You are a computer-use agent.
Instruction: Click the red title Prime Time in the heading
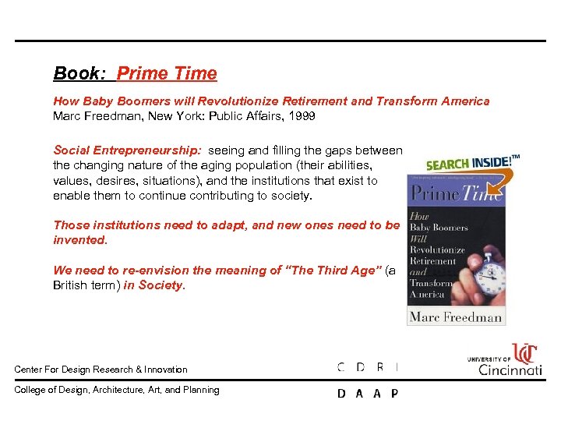pos(167,74)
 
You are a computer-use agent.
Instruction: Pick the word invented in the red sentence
pos(79,239)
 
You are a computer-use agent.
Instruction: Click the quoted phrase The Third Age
pos(335,271)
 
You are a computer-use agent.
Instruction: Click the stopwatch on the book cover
pos(489,268)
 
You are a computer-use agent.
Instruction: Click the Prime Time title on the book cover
pos(456,194)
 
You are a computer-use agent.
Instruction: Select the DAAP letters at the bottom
pos(368,394)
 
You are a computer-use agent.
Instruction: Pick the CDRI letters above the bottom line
pos(368,366)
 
